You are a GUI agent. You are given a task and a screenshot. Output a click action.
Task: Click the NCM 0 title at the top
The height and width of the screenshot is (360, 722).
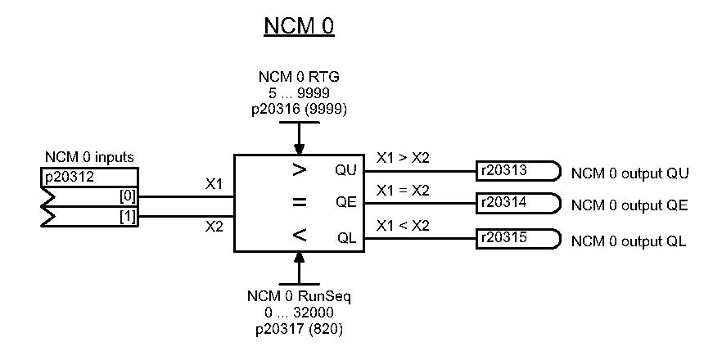pyautogui.click(x=299, y=26)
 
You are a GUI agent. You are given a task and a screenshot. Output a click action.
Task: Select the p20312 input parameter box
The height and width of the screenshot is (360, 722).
pyautogui.click(x=89, y=178)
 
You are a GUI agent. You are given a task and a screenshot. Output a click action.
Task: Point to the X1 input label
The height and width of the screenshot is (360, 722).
pyautogui.click(x=215, y=186)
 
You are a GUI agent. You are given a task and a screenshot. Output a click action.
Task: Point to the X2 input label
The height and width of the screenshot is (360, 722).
pyautogui.click(x=215, y=227)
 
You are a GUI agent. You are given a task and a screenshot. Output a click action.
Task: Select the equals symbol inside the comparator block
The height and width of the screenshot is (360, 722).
pyautogui.click(x=300, y=203)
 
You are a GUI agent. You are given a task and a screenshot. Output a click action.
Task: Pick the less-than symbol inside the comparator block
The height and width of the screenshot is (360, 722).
pyautogui.click(x=300, y=236)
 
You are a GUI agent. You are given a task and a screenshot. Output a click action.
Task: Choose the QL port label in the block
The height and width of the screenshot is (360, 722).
pyautogui.click(x=346, y=238)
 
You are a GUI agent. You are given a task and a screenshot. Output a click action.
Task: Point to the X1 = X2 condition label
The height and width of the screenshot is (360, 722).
pyautogui.click(x=402, y=191)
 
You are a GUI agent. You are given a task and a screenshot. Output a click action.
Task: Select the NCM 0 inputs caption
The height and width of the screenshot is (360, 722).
pyautogui.click(x=89, y=158)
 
